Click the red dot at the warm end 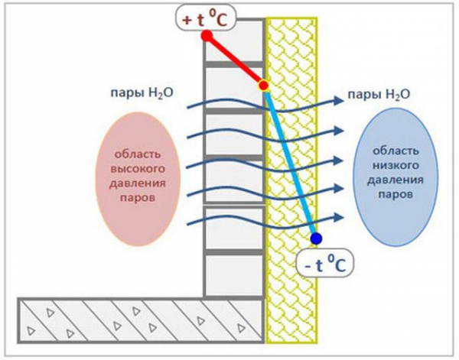coord(207,36)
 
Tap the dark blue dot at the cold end coord(316,238)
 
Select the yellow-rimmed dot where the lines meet coord(264,86)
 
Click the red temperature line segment coord(235,60)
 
